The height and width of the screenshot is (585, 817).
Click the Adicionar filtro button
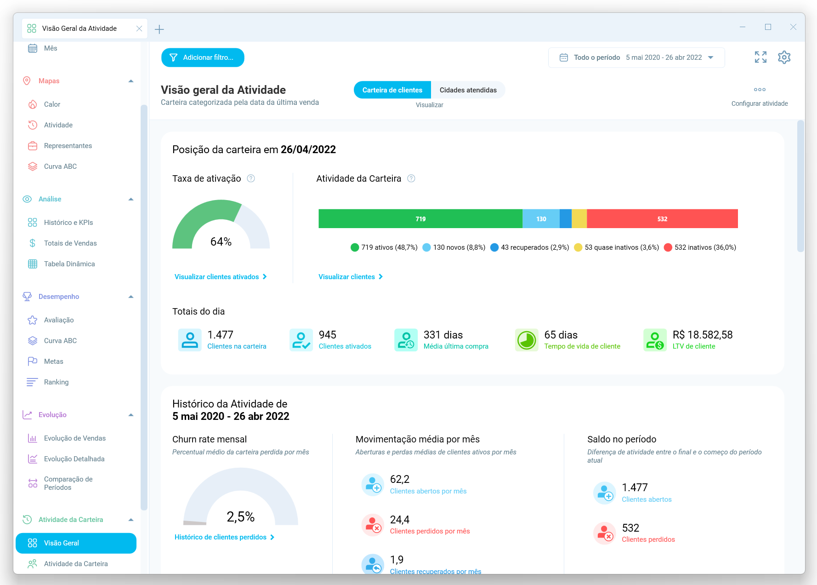click(x=203, y=57)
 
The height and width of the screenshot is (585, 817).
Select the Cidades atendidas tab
click(x=468, y=90)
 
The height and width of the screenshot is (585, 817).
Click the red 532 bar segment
click(x=662, y=219)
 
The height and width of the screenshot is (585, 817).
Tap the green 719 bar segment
click(x=420, y=219)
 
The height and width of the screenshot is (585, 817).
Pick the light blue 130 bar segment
click(x=541, y=219)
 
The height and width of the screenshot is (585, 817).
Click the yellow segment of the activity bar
click(x=579, y=219)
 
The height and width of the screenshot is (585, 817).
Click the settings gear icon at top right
click(x=784, y=57)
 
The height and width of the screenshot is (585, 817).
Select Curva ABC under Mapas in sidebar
click(x=60, y=166)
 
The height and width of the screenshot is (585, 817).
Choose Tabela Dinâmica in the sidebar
click(x=69, y=264)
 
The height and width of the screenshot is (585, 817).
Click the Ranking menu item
click(x=56, y=382)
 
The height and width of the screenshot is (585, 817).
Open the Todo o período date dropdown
click(x=636, y=57)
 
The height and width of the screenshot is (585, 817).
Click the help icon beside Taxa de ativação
click(x=251, y=178)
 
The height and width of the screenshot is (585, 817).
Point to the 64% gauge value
click(x=221, y=242)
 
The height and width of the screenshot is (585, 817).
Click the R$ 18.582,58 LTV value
click(x=702, y=335)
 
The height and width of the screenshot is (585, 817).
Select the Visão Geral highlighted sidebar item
click(x=76, y=543)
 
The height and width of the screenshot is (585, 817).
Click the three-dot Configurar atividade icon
click(x=760, y=90)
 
